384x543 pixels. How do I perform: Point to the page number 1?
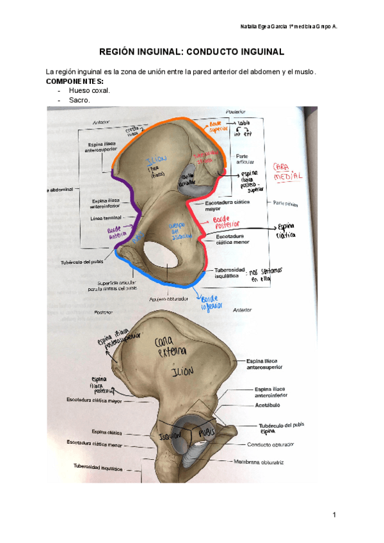point(334,515)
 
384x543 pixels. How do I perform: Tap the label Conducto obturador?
point(270,444)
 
